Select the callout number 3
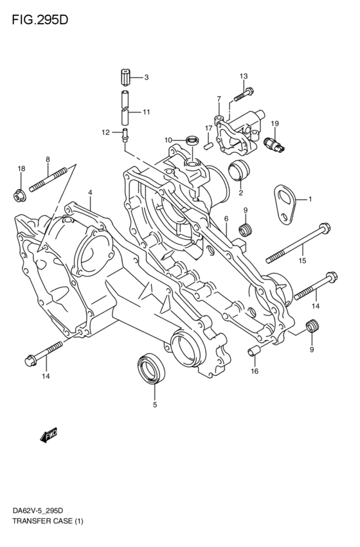[x=146, y=78]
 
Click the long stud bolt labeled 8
[x=49, y=180]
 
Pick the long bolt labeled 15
[x=300, y=246]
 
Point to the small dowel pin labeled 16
[x=253, y=351]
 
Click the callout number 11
[x=146, y=112]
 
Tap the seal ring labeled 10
[x=191, y=139]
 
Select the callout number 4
[x=91, y=192]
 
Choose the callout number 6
[x=226, y=219]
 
